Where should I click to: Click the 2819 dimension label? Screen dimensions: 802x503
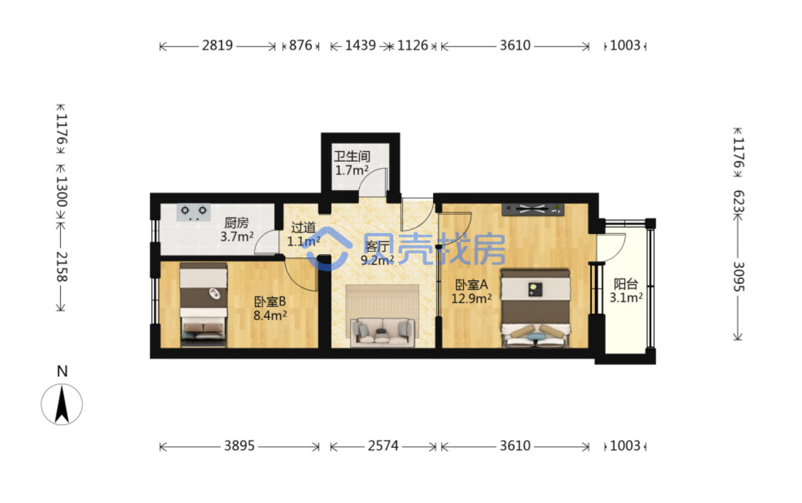tap(218, 45)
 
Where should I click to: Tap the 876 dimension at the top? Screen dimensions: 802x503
tap(300, 45)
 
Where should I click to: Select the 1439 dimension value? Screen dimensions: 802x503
tap(360, 45)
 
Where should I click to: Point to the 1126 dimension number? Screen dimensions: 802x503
tap(412, 45)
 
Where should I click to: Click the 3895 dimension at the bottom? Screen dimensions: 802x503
tap(239, 446)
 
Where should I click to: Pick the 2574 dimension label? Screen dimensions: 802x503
tap(383, 446)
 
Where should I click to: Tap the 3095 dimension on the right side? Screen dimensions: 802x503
tap(738, 277)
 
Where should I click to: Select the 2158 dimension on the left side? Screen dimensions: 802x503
tap(62, 267)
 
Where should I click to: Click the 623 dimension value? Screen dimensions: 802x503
tap(738, 202)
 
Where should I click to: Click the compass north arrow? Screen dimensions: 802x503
tap(62, 405)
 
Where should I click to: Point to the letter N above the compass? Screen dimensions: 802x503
tap(62, 371)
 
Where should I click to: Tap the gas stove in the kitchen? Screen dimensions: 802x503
tap(194, 212)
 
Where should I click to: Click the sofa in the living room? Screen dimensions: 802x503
tap(383, 333)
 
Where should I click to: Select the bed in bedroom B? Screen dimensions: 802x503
tap(203, 305)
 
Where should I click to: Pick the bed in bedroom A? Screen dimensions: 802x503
tap(535, 308)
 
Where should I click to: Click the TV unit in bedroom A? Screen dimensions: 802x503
tap(533, 210)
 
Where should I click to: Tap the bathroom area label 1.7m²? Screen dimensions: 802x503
tap(352, 170)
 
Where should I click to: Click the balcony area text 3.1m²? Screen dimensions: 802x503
tap(626, 297)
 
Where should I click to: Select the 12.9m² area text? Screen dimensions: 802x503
tap(471, 298)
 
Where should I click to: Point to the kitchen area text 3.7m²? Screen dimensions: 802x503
tap(237, 236)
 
